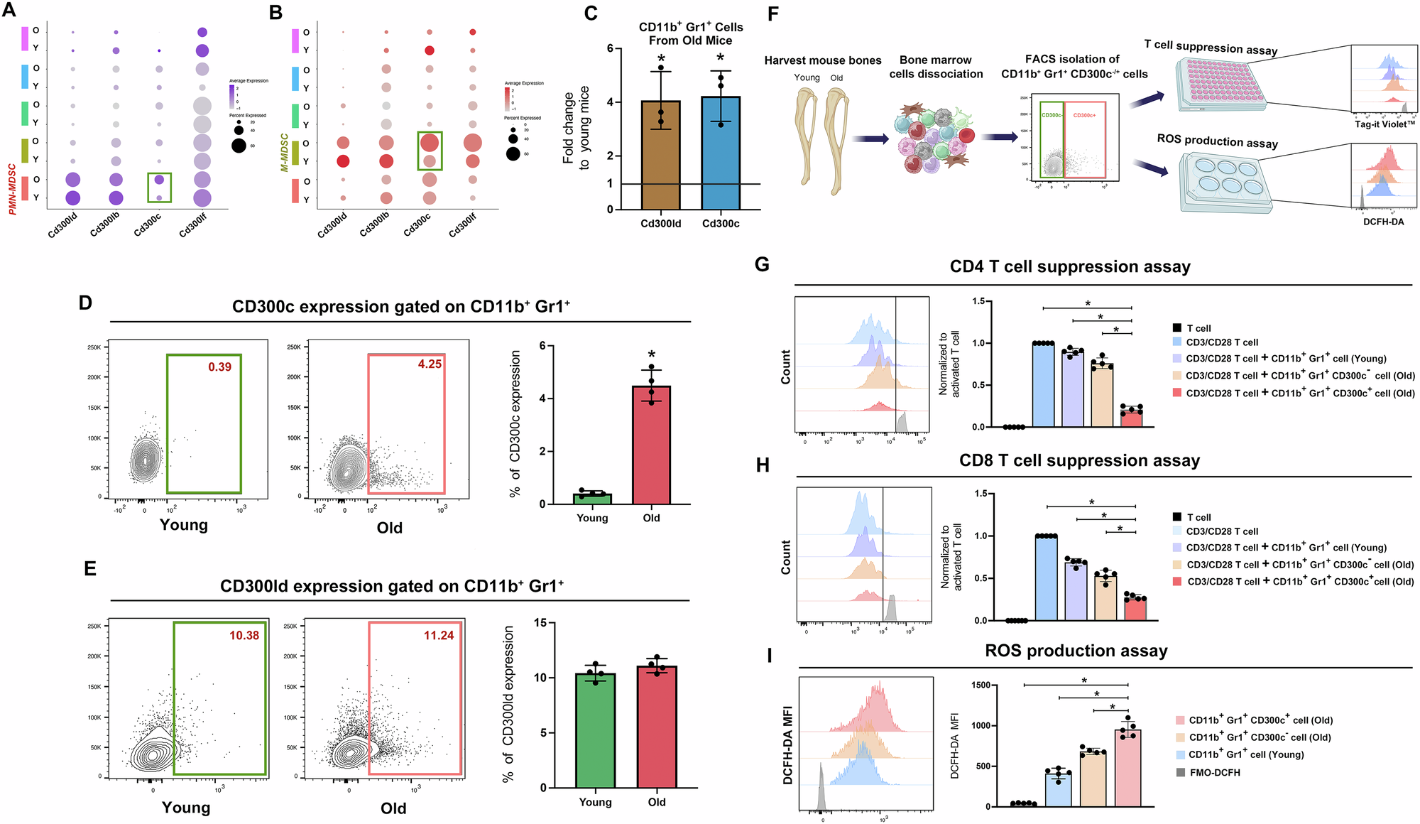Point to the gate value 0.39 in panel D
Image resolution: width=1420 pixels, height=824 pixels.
click(219, 367)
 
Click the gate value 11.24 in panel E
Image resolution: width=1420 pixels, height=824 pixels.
click(438, 635)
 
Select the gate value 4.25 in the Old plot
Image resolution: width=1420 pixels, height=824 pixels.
click(430, 364)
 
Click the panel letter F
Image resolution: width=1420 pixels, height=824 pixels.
click(773, 14)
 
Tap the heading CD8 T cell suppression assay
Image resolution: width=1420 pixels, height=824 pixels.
click(1079, 460)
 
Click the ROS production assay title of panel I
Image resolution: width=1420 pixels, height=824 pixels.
click(1076, 651)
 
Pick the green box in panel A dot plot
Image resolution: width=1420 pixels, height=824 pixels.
click(159, 188)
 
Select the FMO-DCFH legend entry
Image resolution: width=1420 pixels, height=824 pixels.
click(1214, 772)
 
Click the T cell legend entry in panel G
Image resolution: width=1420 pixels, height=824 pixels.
click(1198, 328)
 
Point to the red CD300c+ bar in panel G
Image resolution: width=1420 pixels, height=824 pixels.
click(1131, 416)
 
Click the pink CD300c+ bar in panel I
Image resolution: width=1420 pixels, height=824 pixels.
click(1127, 767)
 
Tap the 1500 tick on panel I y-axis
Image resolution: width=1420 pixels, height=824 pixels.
click(980, 685)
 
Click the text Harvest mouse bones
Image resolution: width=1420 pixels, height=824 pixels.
click(822, 60)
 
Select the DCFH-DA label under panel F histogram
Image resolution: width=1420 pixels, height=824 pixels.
click(1382, 222)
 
